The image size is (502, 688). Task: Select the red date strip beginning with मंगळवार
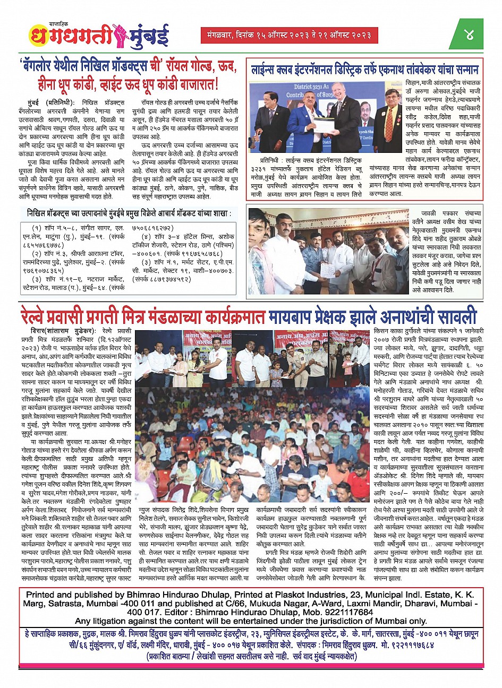coord(290,35)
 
